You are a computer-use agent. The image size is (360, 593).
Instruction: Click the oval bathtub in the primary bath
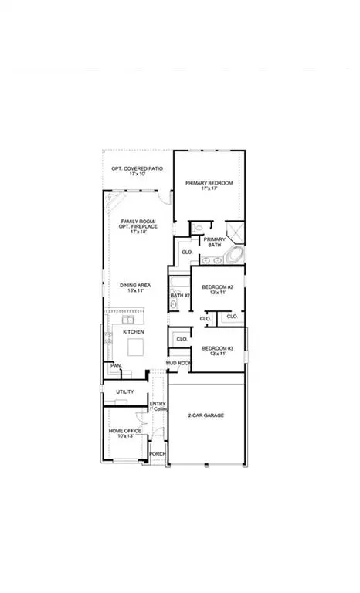(x=233, y=256)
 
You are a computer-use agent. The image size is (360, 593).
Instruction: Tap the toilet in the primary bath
(x=198, y=228)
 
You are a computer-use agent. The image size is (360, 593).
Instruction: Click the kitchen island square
(x=136, y=345)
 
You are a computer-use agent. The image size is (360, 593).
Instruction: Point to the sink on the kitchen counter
(x=129, y=319)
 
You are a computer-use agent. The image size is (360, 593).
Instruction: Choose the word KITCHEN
(x=134, y=331)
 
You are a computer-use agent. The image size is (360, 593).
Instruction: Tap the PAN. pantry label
(x=116, y=365)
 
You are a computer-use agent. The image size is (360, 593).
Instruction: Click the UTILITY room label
(x=125, y=392)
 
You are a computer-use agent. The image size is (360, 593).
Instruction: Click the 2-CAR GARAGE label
(x=205, y=415)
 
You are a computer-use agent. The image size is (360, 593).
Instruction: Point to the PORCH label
(x=158, y=454)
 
